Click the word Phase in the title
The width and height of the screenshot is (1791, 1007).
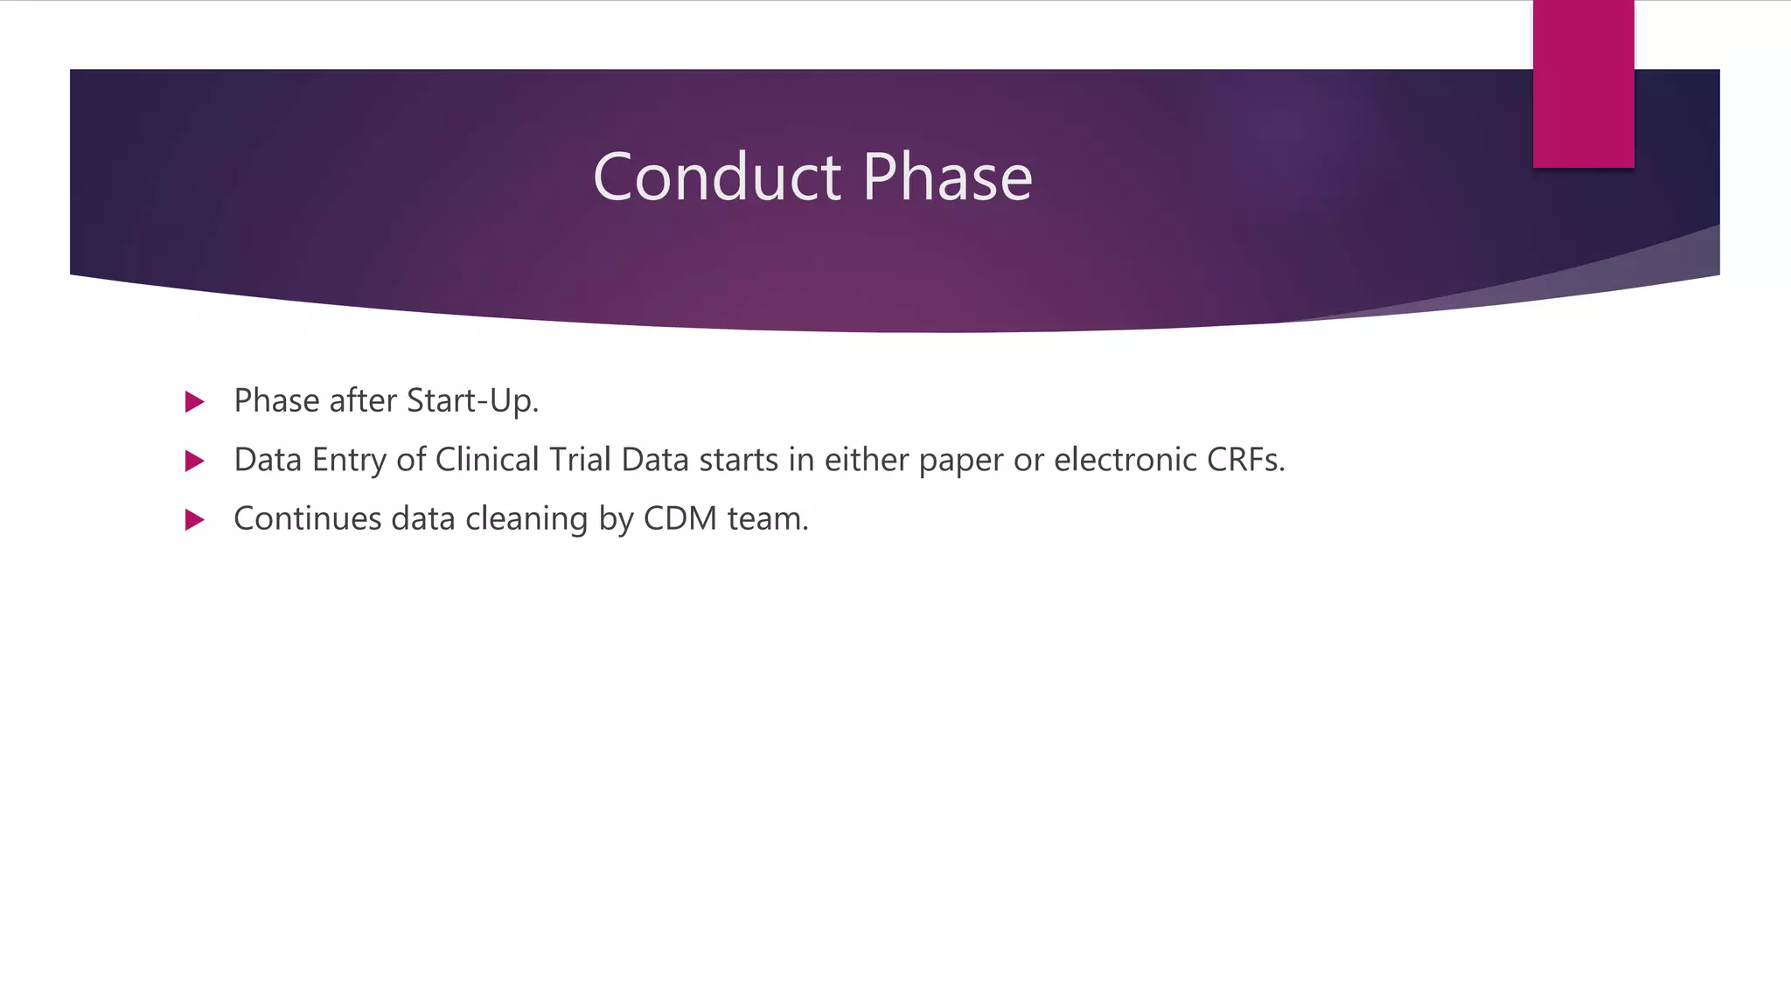(947, 177)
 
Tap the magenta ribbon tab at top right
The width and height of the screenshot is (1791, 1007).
(1583, 84)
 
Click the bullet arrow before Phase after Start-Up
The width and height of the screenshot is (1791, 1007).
(195, 402)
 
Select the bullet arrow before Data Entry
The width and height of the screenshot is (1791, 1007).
(195, 461)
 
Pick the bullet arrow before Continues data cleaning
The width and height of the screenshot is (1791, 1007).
(195, 520)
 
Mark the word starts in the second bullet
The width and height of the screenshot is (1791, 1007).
(738, 461)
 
